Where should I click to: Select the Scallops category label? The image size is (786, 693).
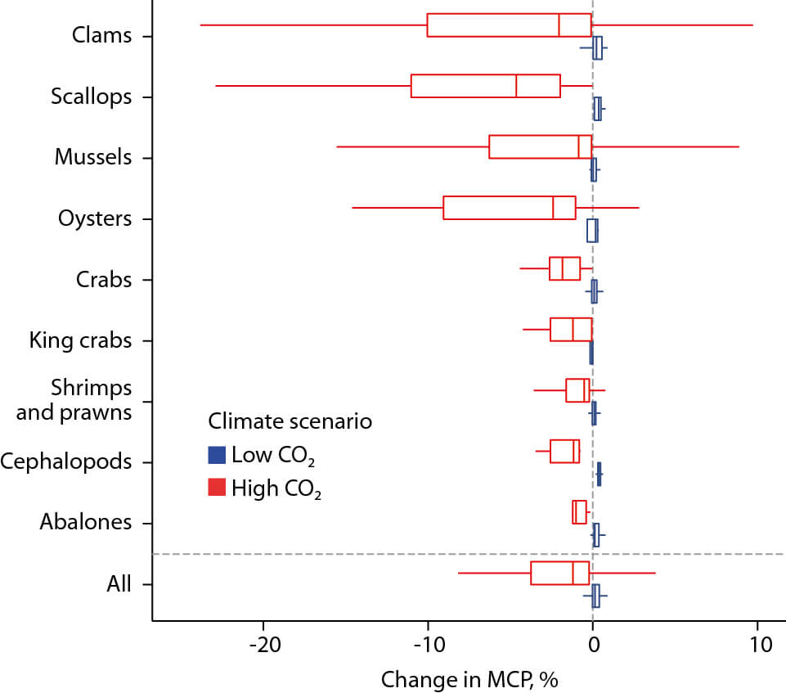[x=91, y=97]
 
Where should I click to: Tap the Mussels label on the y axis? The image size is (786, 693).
[x=92, y=157]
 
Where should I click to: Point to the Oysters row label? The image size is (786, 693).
[x=95, y=218]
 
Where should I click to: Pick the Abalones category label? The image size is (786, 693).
[x=85, y=522]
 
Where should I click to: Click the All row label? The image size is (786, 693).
[x=119, y=584]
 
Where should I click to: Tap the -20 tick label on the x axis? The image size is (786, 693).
[x=263, y=645]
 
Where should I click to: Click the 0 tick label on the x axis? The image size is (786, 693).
[x=592, y=645]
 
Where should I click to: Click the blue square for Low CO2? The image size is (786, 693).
[x=217, y=454]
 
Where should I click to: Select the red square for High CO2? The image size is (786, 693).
[x=217, y=488]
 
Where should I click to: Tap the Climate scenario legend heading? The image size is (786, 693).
[x=290, y=422]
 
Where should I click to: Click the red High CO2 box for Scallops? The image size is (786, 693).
[x=485, y=86]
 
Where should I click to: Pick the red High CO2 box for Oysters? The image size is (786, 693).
[x=509, y=208]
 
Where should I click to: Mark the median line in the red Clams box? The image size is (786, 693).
[x=559, y=25]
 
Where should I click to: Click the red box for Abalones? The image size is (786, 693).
[x=579, y=511]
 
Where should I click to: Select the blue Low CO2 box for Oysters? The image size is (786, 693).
[x=592, y=231]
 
